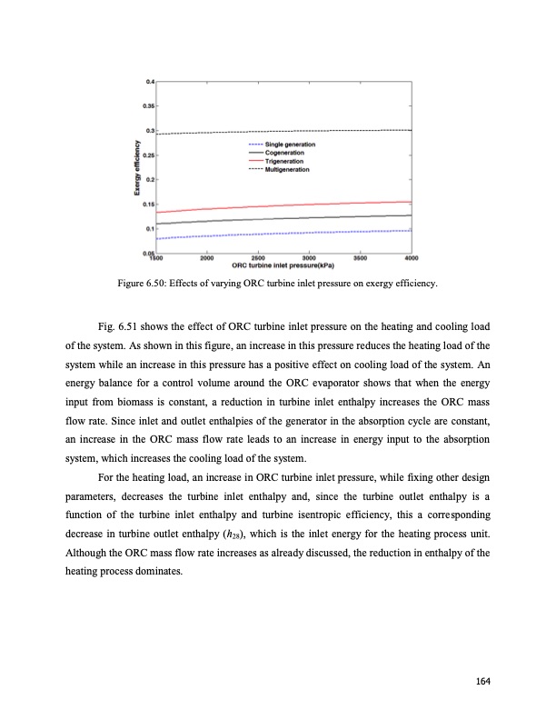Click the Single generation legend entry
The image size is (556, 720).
tap(291, 145)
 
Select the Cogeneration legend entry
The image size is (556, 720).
tap(285, 154)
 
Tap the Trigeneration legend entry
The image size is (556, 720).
tap(285, 161)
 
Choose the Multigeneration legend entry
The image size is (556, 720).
tap(287, 169)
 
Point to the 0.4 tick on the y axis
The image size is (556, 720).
tap(149, 82)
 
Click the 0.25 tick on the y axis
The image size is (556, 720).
tap(147, 155)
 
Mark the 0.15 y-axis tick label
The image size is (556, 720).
tap(147, 205)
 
